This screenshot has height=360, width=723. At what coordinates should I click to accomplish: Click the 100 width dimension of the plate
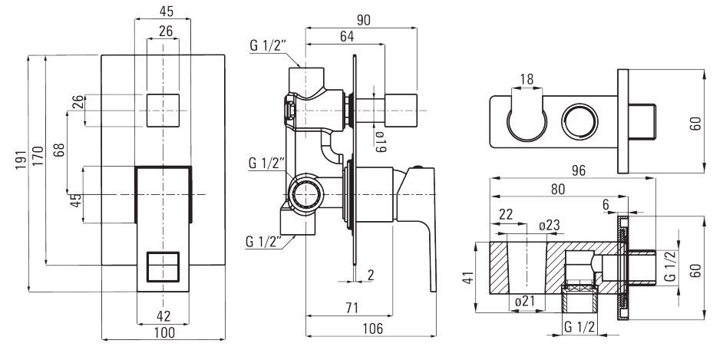click(163, 332)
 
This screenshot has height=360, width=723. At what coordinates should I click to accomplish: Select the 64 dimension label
click(347, 36)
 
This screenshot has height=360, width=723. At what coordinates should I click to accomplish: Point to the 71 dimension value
click(351, 309)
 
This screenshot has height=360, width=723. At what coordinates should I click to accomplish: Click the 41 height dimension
click(468, 276)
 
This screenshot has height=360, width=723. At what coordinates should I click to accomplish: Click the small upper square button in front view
click(163, 110)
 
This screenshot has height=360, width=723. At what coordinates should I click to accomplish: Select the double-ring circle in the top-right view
click(579, 122)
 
